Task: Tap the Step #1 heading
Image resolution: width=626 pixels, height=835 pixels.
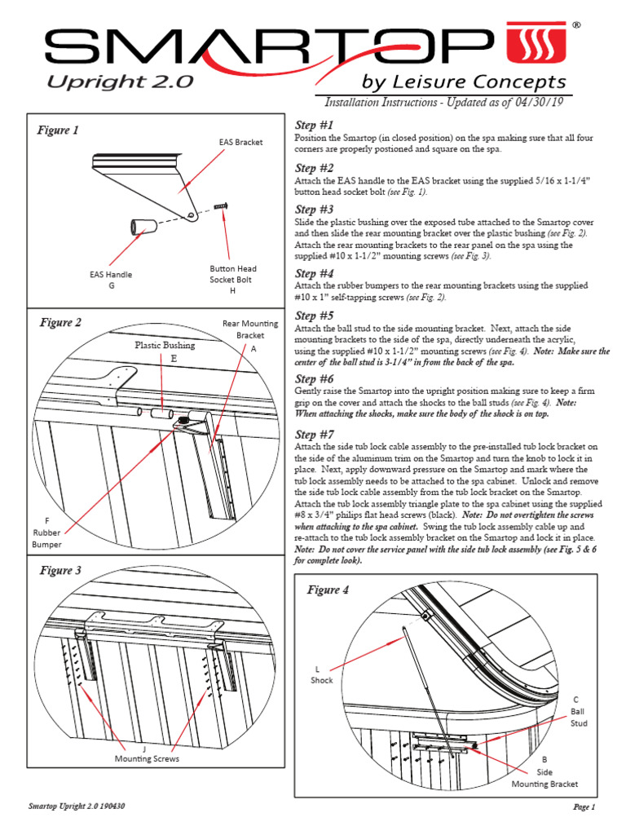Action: tap(314, 125)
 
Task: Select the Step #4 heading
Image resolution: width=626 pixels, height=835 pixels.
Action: tap(314, 273)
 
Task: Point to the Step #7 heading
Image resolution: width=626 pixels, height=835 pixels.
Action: tap(314, 434)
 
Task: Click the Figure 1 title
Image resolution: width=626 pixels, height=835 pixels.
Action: tap(59, 130)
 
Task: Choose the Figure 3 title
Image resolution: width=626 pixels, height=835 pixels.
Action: tap(60, 570)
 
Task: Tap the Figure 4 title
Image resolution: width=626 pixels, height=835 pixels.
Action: tap(328, 590)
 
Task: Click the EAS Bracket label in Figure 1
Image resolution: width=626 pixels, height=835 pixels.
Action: tap(240, 142)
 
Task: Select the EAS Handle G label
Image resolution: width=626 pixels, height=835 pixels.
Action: tap(111, 281)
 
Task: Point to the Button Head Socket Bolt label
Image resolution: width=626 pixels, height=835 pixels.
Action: tap(233, 279)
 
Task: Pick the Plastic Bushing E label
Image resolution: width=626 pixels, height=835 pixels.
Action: tap(165, 351)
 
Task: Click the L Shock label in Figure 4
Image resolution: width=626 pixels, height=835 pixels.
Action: tap(321, 674)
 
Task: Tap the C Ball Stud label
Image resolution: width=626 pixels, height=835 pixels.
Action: tap(578, 711)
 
